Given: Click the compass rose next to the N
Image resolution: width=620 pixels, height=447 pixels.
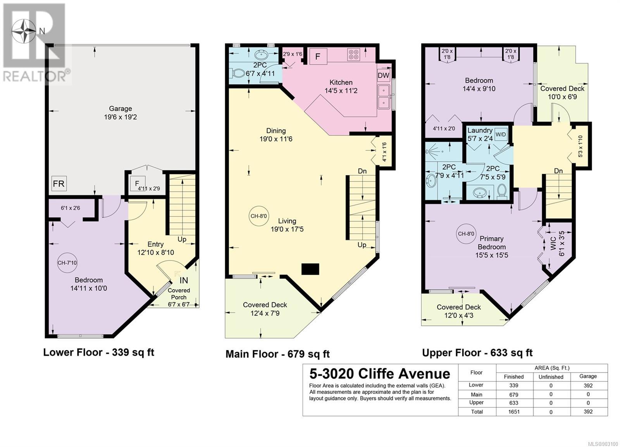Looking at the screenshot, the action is (24, 31).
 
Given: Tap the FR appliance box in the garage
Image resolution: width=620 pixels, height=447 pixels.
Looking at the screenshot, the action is (59, 184).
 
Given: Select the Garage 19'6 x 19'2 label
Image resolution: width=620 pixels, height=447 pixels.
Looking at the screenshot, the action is (121, 113).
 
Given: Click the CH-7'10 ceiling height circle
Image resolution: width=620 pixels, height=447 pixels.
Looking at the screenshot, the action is (67, 262).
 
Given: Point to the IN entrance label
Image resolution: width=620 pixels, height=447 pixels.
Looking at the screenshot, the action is (184, 280).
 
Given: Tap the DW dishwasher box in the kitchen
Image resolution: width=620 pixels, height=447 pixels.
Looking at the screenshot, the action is (384, 75).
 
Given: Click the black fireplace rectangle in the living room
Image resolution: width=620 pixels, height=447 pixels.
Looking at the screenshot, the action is (310, 269).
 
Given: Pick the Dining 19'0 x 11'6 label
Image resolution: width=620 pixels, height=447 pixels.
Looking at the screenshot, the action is (276, 135).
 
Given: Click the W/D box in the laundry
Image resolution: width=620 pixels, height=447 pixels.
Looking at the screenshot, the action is (500, 135).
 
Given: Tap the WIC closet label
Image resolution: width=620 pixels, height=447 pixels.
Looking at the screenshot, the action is (553, 243).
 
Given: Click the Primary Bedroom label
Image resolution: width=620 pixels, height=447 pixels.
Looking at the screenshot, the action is (492, 243).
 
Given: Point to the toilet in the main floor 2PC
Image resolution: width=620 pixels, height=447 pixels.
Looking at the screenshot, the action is (237, 74).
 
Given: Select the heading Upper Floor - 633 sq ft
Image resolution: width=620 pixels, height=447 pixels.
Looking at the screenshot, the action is (477, 353).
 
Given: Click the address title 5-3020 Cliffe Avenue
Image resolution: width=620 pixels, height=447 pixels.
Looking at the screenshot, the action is (380, 374).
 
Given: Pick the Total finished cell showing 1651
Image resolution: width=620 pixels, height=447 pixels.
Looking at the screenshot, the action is (514, 412).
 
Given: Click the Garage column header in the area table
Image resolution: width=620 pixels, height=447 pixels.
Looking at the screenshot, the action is (588, 376).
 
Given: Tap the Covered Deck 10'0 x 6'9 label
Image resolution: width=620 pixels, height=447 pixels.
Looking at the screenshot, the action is (562, 93).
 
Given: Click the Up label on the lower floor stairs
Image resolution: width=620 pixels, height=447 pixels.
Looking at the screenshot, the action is (182, 239).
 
